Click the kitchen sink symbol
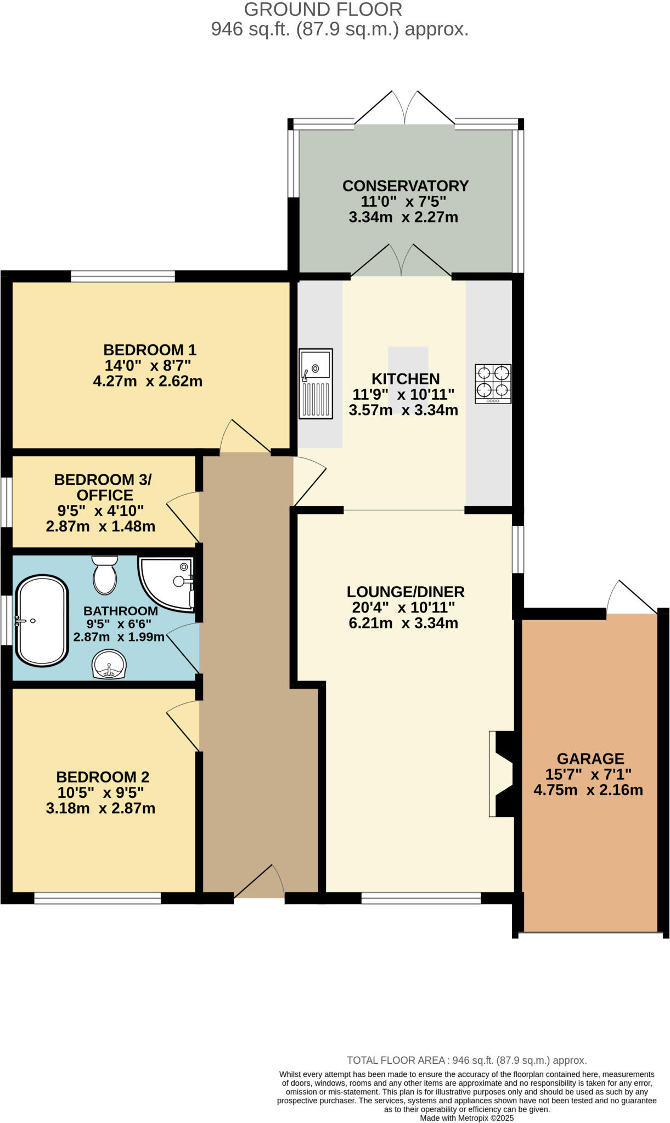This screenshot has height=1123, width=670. pos(316,383)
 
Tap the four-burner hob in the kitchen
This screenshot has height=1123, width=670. pos(493,383)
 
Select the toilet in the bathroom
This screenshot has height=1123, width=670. pos(104,575)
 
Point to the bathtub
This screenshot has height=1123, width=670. pos(42,620)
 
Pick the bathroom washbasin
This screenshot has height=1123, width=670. pos(109,664)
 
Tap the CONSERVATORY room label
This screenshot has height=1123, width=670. pos(406,186)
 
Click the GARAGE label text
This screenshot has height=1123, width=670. pos(590,759)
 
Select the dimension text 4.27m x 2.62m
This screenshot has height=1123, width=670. pos(148,381)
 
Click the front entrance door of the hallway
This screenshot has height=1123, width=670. pos(259,883)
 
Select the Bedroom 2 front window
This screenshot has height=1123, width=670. pos(97,898)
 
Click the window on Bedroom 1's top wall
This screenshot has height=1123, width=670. pos(123,276)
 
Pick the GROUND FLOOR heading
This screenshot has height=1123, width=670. pos(323,9)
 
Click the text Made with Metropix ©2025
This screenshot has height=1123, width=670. pos(466,1118)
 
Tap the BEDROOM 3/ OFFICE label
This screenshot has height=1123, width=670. pos(103,487)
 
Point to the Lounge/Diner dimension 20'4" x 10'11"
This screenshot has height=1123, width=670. pos(404,608)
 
